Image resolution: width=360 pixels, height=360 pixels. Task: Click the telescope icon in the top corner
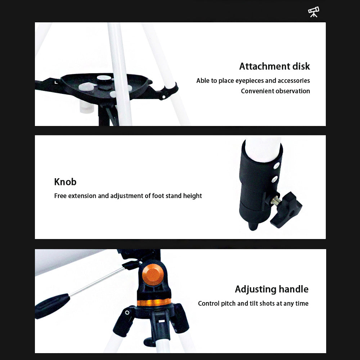pyautogui.click(x=314, y=12)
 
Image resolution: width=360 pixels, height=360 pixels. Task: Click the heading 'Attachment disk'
pyautogui.click(x=274, y=66)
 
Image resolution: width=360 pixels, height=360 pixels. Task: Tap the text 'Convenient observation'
pyautogui.click(x=275, y=91)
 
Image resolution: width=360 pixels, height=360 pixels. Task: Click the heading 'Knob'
pyautogui.click(x=65, y=181)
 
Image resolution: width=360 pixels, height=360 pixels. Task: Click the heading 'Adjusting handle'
pyautogui.click(x=271, y=289)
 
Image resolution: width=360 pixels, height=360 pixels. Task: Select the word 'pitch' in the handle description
pyautogui.click(x=228, y=303)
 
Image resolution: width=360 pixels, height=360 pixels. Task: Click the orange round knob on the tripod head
pyautogui.click(x=152, y=274)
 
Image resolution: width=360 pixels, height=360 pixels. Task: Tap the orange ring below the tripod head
pyautogui.click(x=154, y=302)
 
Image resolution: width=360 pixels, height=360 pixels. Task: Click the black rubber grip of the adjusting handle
pyautogui.click(x=52, y=306)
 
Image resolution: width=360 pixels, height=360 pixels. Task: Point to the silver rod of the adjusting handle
pyautogui.click(x=97, y=281)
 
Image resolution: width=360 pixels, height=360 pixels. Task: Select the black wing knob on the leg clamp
pyautogui.click(x=286, y=210)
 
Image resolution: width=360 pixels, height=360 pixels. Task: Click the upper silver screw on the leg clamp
pyautogui.click(x=276, y=166)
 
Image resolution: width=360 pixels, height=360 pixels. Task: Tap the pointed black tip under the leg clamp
pyautogui.click(x=253, y=226)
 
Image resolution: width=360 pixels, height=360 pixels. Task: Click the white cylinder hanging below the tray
pyautogui.click(x=87, y=107)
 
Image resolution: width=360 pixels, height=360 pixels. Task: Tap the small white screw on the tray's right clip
pyautogui.click(x=163, y=97)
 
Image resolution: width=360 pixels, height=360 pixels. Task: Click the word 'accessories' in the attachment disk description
pyautogui.click(x=293, y=81)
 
